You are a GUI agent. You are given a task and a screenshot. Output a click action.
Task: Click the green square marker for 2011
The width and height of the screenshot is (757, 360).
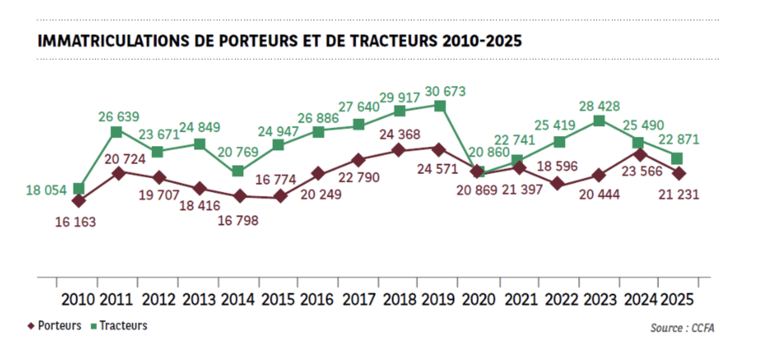tap(117, 132)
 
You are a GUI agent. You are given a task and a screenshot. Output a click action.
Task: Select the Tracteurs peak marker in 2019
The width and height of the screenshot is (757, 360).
tap(440, 106)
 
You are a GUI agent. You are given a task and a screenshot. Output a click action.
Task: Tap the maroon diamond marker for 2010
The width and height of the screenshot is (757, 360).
tap(78, 201)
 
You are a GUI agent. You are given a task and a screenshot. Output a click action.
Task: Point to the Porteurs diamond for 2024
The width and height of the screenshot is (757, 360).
tap(639, 155)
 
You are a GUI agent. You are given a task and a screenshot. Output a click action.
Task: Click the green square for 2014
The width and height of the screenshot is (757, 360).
tap(238, 171)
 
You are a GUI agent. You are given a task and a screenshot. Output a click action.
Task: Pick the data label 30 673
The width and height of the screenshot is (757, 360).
tap(445, 91)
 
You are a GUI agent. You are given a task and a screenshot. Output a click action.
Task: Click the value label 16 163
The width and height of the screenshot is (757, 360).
tap(75, 222)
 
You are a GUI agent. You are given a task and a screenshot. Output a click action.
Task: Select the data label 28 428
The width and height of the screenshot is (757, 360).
tap(599, 106)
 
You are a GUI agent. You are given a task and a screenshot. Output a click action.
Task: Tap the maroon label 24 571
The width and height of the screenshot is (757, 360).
tap(437, 169)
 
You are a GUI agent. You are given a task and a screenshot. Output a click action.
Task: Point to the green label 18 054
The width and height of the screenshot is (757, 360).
tap(46, 190)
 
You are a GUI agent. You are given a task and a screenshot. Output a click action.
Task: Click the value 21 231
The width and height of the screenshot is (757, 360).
tap(679, 195)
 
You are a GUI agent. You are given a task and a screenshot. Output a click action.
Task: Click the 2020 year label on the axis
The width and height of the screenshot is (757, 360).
tap(479, 300)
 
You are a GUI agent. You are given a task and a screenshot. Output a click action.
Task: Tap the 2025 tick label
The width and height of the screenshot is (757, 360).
tap(677, 300)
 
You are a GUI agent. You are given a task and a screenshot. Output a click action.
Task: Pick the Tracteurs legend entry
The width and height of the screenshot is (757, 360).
tap(119, 326)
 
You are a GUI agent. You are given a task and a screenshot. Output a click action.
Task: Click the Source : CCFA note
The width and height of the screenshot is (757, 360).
tap(682, 328)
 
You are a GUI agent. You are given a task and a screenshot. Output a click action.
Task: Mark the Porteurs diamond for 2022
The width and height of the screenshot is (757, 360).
tap(557, 184)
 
